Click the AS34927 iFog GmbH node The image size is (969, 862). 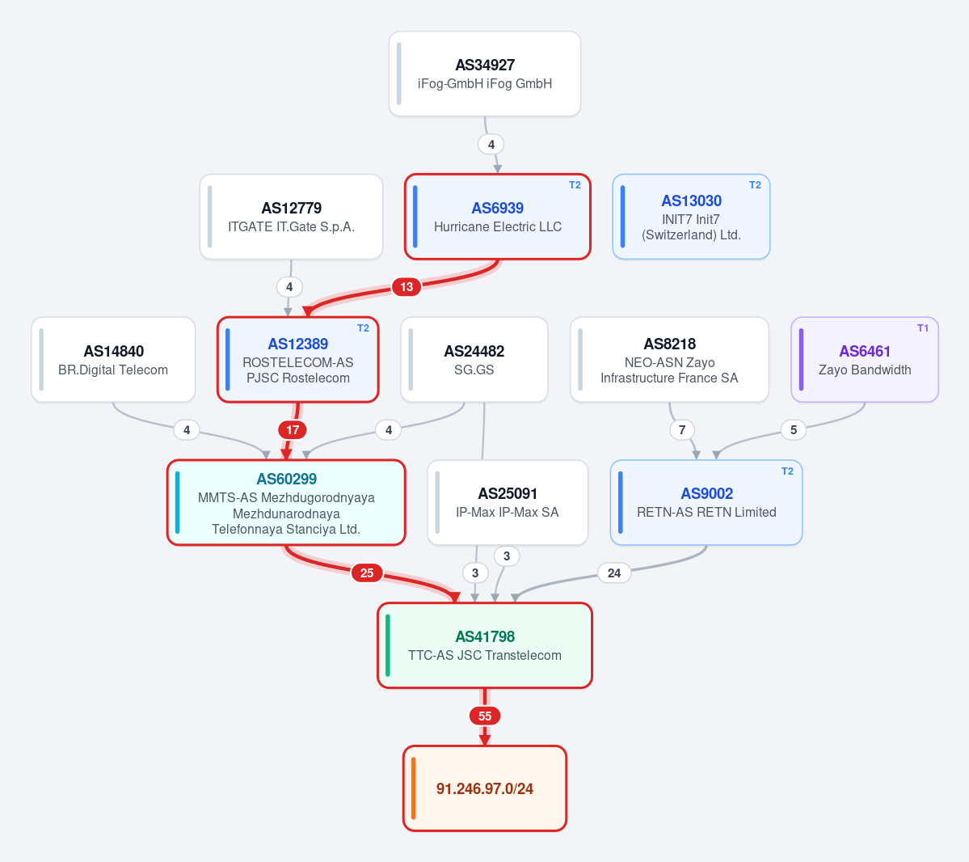pos(485,74)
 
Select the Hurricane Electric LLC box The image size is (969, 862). pos(498,217)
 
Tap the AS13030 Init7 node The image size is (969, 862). pos(691,217)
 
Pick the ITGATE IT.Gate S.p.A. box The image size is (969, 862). pos(291,217)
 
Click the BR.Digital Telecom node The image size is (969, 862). pos(113,359)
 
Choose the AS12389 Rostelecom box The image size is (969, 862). pos(298,359)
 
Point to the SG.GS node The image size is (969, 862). pos(474,359)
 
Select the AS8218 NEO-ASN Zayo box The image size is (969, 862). pos(669,359)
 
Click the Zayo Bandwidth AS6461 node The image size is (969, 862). pos(865,359)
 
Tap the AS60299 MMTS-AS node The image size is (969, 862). pos(286,502)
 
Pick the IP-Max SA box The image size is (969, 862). pos(508,502)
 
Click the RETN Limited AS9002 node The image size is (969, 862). pos(706,502)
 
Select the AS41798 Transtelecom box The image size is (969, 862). pos(485,645)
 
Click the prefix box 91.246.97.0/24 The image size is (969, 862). pos(485,788)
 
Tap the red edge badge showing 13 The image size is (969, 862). pos(406,287)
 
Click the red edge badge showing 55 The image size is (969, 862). pos(485,716)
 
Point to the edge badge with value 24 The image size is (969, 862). pos(613,573)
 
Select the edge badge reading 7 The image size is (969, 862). pos(682,429)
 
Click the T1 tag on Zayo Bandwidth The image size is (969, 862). pos(923,328)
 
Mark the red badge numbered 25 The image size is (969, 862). pos(366,573)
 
